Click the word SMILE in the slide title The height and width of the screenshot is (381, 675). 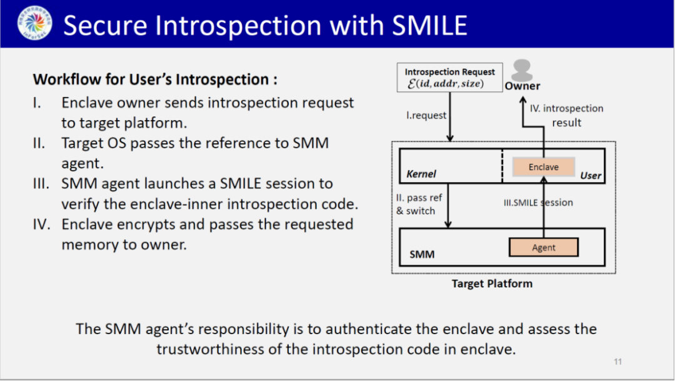click(429, 26)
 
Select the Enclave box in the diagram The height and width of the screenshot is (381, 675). click(543, 167)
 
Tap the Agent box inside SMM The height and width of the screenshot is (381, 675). click(543, 247)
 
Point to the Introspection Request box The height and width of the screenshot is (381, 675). click(449, 78)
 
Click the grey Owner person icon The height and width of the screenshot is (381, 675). click(521, 69)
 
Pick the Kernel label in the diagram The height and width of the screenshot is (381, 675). click(421, 174)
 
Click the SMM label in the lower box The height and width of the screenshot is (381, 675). click(421, 255)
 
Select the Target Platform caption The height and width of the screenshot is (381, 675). click(492, 283)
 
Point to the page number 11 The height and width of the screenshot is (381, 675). click(617, 362)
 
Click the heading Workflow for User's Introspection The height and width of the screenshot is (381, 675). click(155, 80)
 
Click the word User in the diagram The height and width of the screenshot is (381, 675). click(591, 175)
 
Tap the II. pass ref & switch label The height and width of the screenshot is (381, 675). click(419, 204)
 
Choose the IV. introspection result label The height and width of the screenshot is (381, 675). click(566, 115)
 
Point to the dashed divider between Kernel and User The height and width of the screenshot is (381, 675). click(502, 166)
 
